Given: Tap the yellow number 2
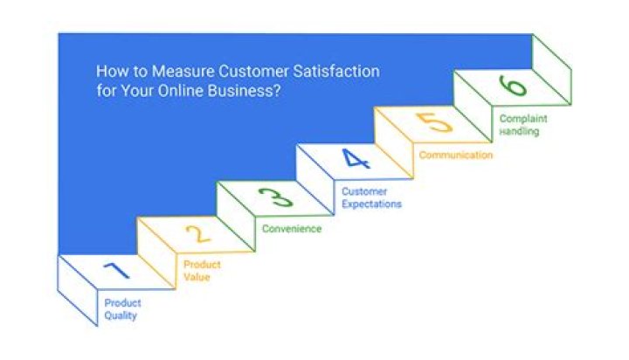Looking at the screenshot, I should (198, 233).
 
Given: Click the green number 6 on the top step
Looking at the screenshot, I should (513, 86).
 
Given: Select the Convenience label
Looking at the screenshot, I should (292, 229).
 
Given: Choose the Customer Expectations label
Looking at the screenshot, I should (371, 197).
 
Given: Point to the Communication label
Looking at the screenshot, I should (455, 156).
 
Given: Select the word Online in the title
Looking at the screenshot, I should (175, 92).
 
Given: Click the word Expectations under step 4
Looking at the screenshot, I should (371, 204).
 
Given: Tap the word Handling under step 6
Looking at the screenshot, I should (519, 132).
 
